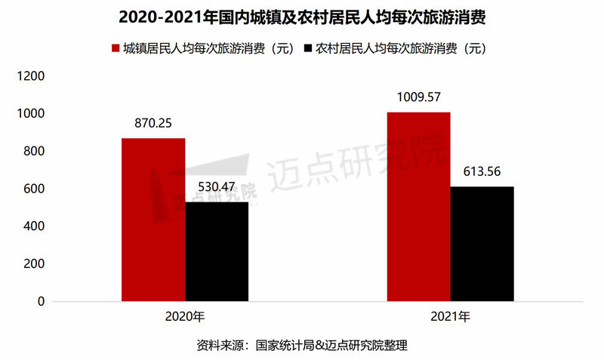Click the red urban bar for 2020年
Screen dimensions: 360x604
(x=153, y=220)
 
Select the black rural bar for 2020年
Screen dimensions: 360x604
(x=217, y=251)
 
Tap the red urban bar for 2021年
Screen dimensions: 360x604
(x=418, y=207)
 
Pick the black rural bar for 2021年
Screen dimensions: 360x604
(x=482, y=244)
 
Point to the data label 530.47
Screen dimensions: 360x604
(x=217, y=185)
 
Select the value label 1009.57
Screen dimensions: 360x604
(x=418, y=95)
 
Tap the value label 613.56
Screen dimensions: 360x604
(x=482, y=170)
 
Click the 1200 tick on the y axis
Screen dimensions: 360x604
(x=32, y=76)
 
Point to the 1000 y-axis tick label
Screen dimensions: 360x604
(x=32, y=114)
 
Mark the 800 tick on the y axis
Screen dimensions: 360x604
(x=35, y=152)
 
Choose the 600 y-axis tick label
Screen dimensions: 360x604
(x=35, y=189)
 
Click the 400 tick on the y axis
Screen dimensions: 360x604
(x=35, y=226)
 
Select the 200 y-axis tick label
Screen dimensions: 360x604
(x=35, y=264)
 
